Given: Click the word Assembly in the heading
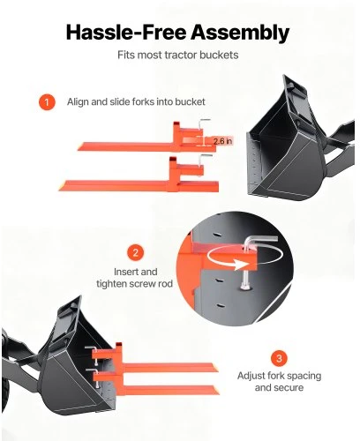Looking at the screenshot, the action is [240, 33].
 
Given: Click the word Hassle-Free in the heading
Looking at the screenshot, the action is [126, 32].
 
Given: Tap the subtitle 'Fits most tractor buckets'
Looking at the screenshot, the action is [178, 55].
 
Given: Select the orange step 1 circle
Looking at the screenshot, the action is [47, 102].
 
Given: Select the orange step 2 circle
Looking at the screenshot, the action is [136, 252].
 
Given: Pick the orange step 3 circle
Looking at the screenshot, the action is [279, 358].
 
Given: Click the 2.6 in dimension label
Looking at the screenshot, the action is [222, 141].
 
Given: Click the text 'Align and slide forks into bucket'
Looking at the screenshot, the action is [136, 102].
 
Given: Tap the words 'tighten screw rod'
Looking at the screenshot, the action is [134, 284].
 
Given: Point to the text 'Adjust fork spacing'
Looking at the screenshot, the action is [279, 376].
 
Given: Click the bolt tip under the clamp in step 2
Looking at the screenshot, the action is [244, 285].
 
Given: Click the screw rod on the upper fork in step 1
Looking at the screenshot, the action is [201, 130].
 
